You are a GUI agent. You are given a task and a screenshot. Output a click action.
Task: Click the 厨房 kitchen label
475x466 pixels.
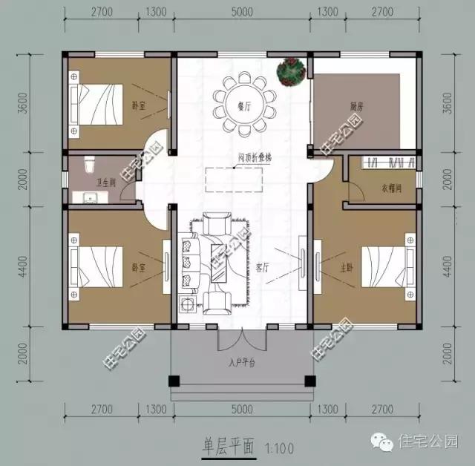coord(356,106)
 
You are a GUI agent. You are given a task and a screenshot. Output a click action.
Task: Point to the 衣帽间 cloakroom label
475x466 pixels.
coord(391,188)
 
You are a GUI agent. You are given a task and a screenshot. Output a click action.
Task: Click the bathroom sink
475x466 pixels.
coord(91,197)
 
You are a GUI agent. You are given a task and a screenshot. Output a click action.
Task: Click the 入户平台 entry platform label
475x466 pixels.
coord(241,363)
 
